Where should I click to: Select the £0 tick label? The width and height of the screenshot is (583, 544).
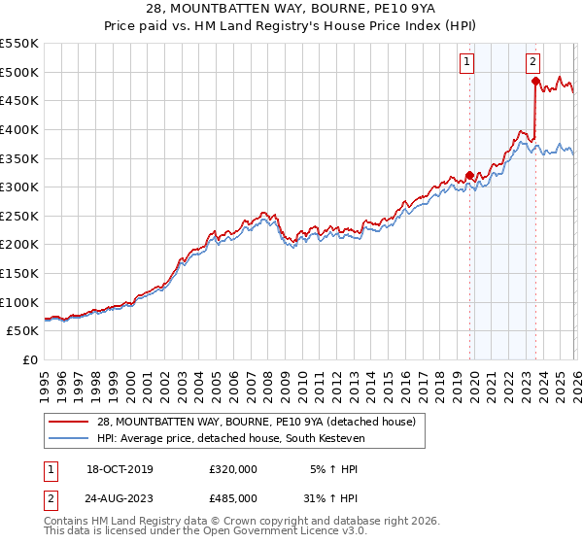click(29, 360)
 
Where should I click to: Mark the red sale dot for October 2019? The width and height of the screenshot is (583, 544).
click(469, 176)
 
